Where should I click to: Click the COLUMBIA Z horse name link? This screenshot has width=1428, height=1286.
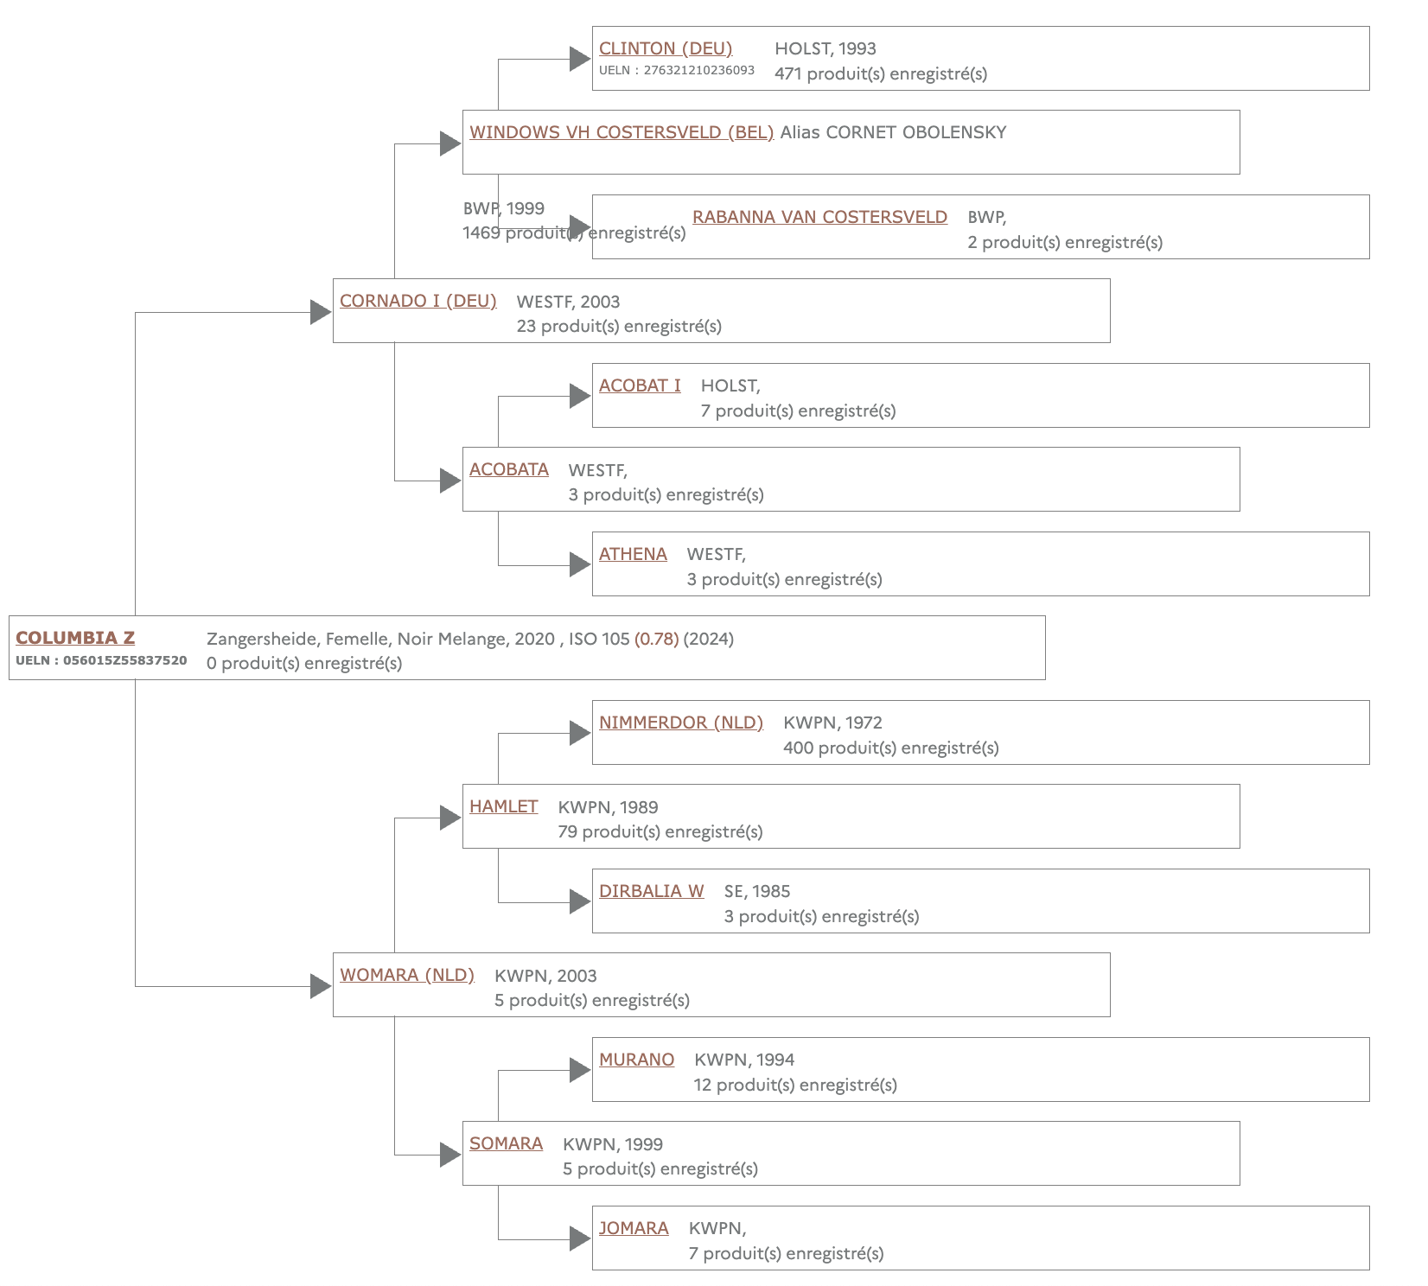[75, 638]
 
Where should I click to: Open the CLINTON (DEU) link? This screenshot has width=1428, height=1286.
[666, 48]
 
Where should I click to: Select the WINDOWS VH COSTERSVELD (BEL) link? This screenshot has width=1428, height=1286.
[622, 132]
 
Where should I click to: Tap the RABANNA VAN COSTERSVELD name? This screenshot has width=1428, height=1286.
[819, 217]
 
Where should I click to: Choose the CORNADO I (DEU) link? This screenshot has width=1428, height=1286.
[418, 301]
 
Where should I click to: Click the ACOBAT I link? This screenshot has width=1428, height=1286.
[640, 385]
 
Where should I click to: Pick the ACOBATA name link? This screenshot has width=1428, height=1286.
[509, 469]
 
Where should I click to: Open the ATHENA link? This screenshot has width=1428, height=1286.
[633, 554]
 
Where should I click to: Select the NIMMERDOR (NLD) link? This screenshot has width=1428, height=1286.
[681, 723]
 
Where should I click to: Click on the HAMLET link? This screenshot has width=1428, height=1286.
[503, 806]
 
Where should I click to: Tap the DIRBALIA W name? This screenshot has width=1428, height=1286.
[651, 891]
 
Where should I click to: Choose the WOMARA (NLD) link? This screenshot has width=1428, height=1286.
[407, 975]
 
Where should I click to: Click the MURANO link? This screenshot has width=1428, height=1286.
[636, 1060]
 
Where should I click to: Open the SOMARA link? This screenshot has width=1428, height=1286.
[506, 1143]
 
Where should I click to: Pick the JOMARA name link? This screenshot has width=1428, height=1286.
[634, 1228]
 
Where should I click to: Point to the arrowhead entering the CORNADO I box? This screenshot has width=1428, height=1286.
[321, 312]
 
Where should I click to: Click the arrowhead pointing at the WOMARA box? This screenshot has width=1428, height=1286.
[321, 986]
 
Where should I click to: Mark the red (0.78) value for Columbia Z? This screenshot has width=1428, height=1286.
[657, 639]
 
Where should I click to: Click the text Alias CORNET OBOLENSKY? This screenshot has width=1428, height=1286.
[893, 132]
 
